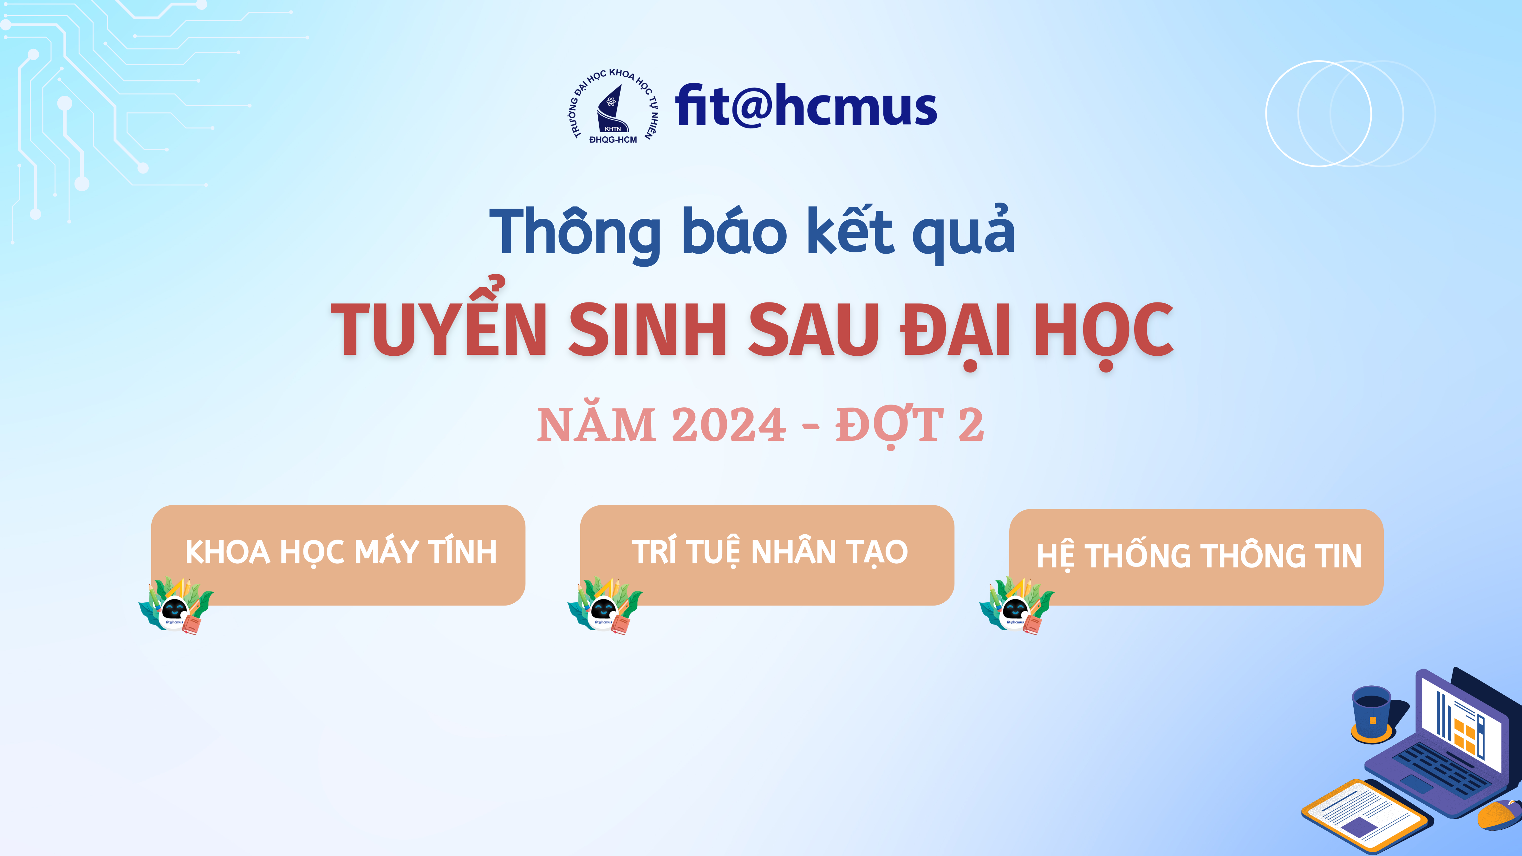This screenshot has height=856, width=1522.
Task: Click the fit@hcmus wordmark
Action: click(806, 106)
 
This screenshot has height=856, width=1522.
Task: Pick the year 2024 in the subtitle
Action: click(729, 425)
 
